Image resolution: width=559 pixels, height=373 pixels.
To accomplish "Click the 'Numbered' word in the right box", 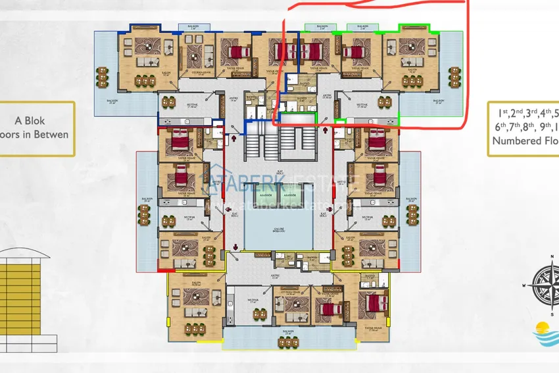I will click(x=516, y=140).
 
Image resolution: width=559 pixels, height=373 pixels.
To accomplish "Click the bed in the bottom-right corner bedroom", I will click(x=375, y=304).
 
